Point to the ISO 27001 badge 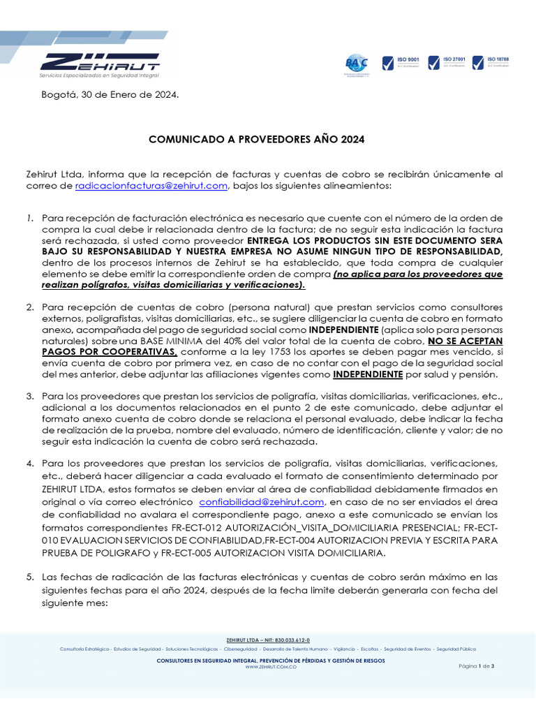point(446,64)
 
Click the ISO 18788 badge point(491,64)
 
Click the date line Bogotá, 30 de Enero point(110,94)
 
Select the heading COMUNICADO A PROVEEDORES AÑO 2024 point(257,140)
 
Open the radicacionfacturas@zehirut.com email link point(151,185)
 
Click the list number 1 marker point(30,219)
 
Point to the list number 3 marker point(30,396)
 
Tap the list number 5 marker point(30,577)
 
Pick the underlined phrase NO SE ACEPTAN point(465,341)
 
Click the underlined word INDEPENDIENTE point(368,374)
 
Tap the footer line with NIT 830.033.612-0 point(269,640)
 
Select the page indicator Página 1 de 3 point(476,666)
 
